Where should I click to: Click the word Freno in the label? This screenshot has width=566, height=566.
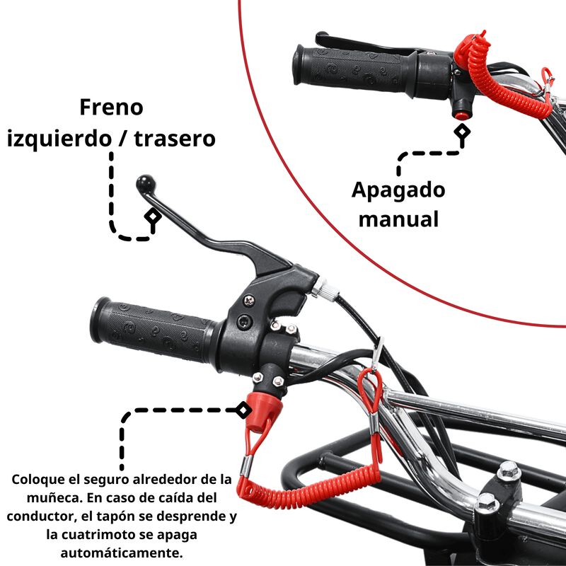pyautogui.click(x=111, y=108)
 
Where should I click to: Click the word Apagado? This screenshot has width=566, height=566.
pyautogui.click(x=398, y=190)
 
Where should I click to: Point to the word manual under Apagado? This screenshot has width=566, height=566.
pyautogui.click(x=398, y=219)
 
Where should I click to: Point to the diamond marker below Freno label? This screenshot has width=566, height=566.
pyautogui.click(x=151, y=217)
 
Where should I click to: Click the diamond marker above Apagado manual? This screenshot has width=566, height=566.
pyautogui.click(x=463, y=132)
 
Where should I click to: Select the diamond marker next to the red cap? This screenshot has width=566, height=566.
pyautogui.click(x=243, y=410)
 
